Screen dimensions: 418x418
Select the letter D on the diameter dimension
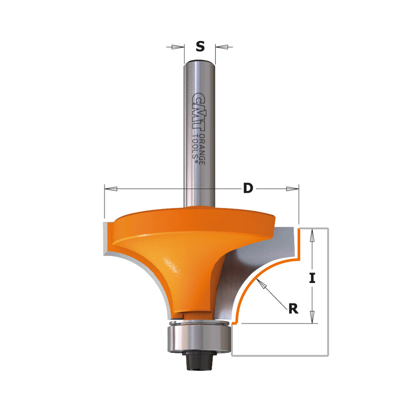click(x=249, y=189)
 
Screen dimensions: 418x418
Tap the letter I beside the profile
click(x=312, y=278)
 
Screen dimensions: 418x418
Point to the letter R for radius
click(x=293, y=308)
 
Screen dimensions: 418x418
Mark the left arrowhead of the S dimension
click(x=178, y=47)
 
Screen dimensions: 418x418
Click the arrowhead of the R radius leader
click(x=263, y=286)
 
